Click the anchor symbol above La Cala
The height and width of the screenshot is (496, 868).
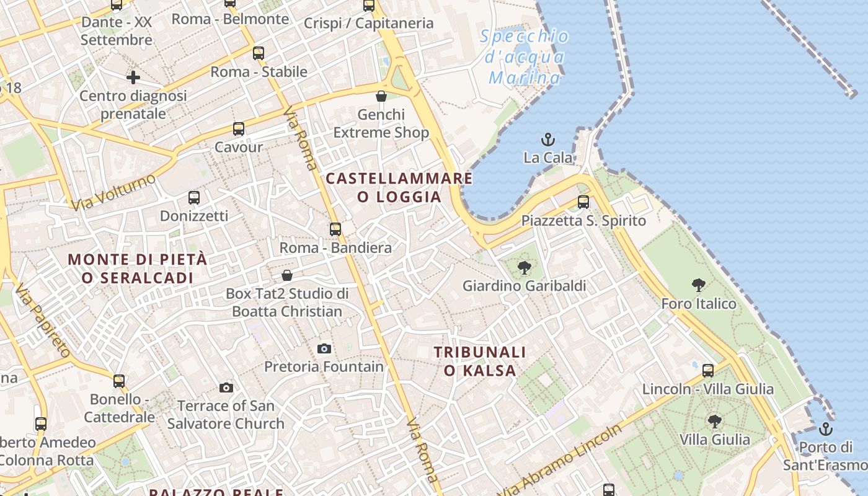click(x=548, y=139)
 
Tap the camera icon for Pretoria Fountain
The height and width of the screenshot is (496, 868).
click(x=324, y=349)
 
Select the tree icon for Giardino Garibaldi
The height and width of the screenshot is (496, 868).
click(x=525, y=268)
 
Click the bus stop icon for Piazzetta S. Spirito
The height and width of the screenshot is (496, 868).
click(x=583, y=201)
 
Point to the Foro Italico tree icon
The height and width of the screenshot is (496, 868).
click(x=699, y=285)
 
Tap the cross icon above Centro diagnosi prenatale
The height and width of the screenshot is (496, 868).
click(x=133, y=77)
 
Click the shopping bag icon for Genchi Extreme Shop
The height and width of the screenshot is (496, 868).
click(x=381, y=96)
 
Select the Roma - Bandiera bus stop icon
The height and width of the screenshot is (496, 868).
click(x=335, y=229)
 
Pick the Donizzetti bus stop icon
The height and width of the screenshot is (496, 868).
click(x=194, y=198)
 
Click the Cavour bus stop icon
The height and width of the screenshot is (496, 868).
click(x=239, y=129)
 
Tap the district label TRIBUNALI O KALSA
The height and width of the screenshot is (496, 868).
click(x=480, y=361)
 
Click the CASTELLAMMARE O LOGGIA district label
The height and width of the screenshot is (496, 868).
click(x=399, y=188)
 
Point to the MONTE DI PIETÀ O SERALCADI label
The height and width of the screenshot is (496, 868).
click(x=138, y=268)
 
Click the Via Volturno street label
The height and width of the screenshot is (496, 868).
click(x=113, y=192)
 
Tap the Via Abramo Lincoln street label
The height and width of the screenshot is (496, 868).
click(x=562, y=460)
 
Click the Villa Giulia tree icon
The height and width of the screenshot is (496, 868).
click(x=715, y=421)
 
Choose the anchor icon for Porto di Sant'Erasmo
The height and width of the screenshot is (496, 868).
click(x=825, y=428)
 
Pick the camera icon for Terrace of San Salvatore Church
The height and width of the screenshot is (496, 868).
click(x=226, y=388)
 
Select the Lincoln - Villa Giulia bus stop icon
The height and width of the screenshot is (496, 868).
click(x=708, y=371)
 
